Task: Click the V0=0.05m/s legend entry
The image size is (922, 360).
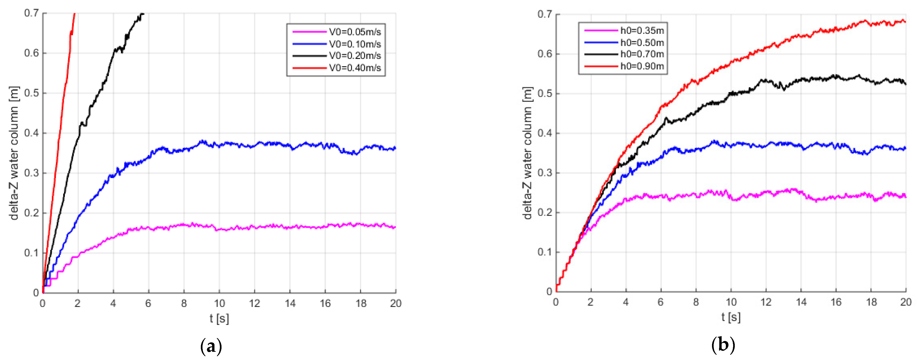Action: point(355,32)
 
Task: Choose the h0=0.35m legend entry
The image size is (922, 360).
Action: point(642,31)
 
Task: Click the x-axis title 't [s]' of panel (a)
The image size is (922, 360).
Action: point(219,318)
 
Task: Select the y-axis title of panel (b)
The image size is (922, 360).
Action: point(528,153)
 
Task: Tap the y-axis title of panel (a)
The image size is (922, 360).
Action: point(14,153)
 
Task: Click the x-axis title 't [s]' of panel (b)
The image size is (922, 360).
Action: point(731,317)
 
